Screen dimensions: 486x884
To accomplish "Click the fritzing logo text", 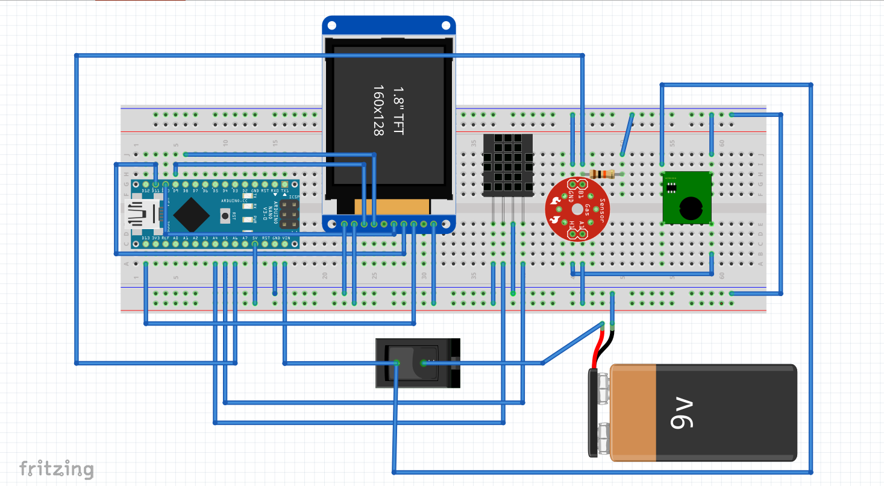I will (x=56, y=469).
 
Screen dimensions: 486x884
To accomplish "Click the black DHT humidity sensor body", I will (x=507, y=165).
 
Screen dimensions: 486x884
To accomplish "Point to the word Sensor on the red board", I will (x=600, y=209).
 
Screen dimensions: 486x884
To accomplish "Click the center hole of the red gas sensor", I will (x=577, y=209).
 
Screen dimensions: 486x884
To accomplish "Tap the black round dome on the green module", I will (x=691, y=209).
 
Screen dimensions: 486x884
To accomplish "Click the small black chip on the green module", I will (x=670, y=187).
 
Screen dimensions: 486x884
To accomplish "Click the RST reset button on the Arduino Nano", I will (x=225, y=215).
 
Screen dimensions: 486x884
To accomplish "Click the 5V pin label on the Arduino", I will (x=255, y=238).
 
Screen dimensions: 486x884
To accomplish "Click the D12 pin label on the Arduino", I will (x=146, y=191).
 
